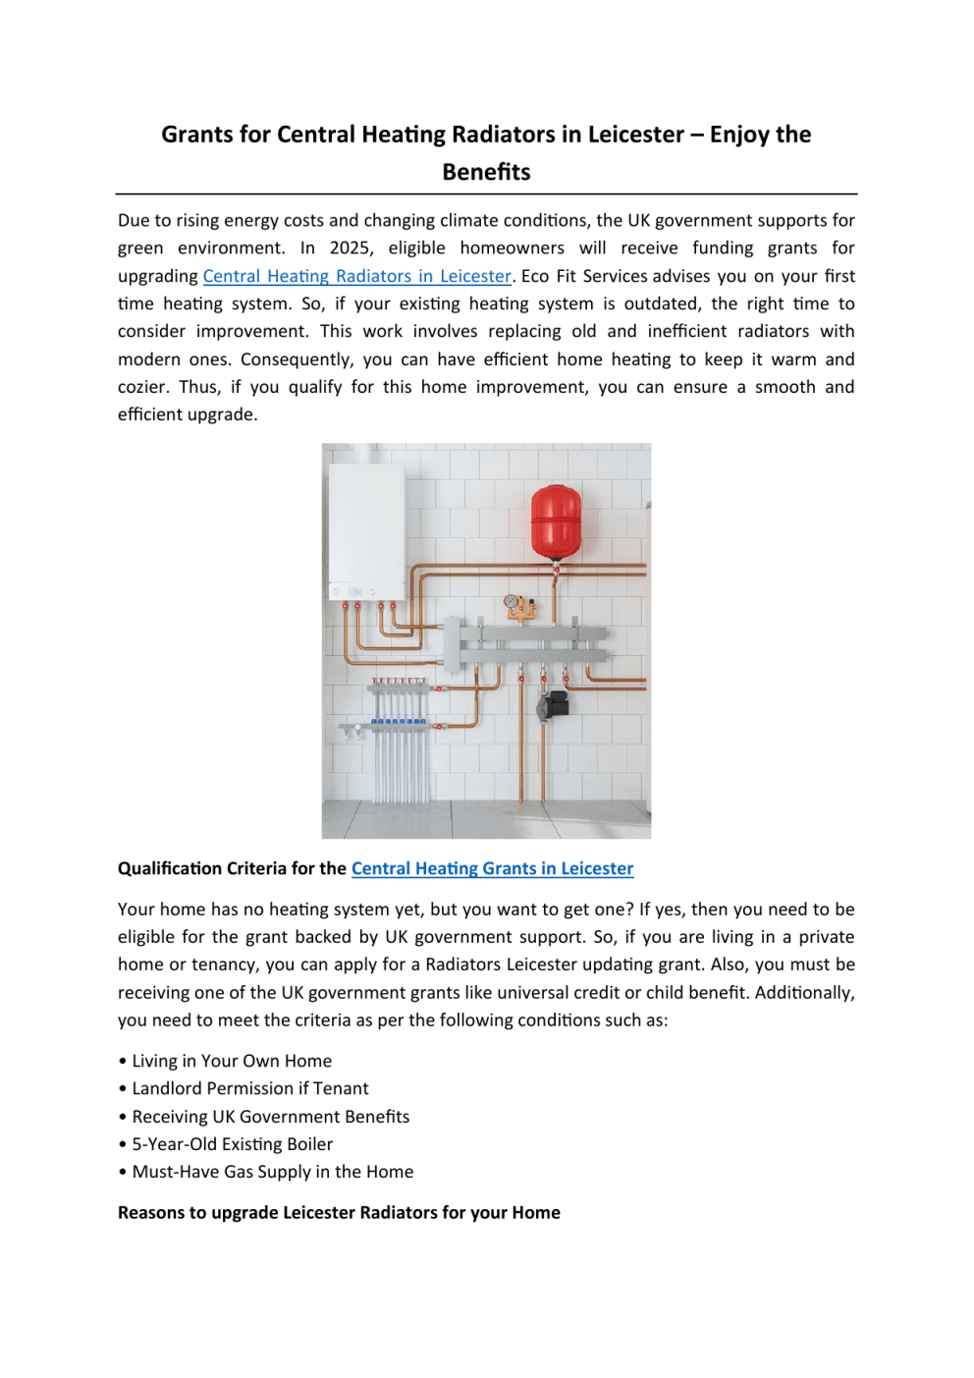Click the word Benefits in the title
point(486,172)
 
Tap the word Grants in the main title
point(195,135)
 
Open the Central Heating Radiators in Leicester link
point(356,276)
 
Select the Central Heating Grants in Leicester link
point(492,868)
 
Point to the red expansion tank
point(556,521)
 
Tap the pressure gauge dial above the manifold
point(511,601)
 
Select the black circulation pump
point(554,704)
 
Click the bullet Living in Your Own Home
point(232,1061)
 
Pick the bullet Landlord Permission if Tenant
point(250,1088)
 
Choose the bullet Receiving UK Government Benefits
point(270,1117)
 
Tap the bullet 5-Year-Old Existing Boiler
point(232,1144)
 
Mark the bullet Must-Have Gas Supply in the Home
point(272,1172)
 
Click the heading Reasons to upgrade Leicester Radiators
point(339,1212)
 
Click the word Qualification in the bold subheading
point(169,868)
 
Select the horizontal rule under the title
point(486,194)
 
